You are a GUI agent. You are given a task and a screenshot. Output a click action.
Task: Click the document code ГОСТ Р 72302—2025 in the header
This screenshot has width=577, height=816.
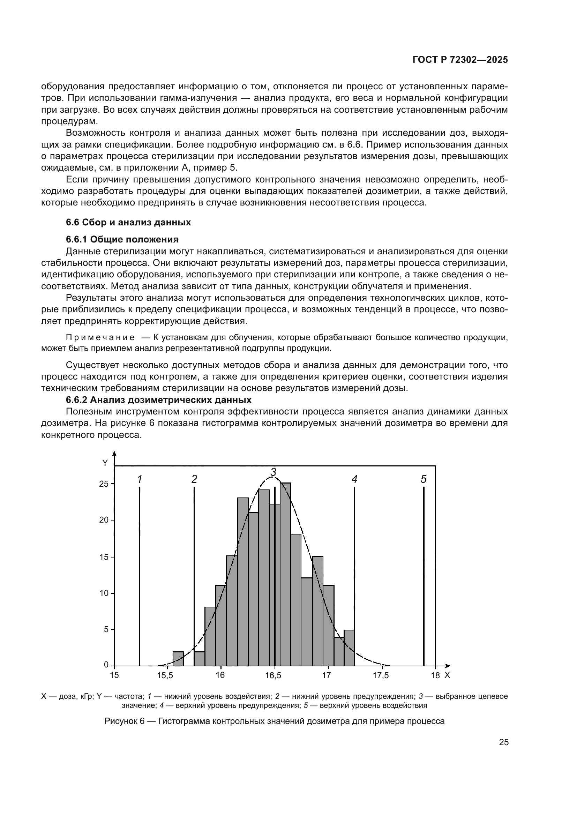pyautogui.click(x=460, y=60)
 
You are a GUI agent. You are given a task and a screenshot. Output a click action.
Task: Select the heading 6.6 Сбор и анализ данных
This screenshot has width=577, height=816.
pyautogui.click(x=128, y=223)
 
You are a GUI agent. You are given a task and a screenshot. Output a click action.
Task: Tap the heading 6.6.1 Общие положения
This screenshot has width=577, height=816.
pyautogui.click(x=122, y=239)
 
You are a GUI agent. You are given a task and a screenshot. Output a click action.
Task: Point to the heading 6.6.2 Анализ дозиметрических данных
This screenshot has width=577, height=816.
pyautogui.click(x=158, y=400)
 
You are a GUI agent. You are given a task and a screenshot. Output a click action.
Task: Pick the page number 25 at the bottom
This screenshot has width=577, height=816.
pyautogui.click(x=503, y=742)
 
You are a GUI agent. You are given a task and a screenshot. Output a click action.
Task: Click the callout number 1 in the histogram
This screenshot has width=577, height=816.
pyautogui.click(x=140, y=479)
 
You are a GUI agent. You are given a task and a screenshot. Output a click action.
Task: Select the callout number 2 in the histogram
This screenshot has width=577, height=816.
pyautogui.click(x=194, y=479)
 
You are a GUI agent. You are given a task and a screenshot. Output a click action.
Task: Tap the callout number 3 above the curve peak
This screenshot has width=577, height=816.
pyautogui.click(x=273, y=472)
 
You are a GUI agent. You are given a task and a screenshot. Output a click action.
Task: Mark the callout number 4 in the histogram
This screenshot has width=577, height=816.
pyautogui.click(x=354, y=479)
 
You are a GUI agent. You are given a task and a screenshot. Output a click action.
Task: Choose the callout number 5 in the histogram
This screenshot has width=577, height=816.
pyautogui.click(x=424, y=479)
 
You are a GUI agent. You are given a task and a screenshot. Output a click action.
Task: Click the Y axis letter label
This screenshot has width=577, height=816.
pyautogui.click(x=105, y=463)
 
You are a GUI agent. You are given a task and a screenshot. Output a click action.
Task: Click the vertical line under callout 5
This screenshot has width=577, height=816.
pyautogui.click(x=424, y=576)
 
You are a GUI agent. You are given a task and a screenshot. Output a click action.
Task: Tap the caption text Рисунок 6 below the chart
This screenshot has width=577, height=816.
pyautogui.click(x=125, y=721)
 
